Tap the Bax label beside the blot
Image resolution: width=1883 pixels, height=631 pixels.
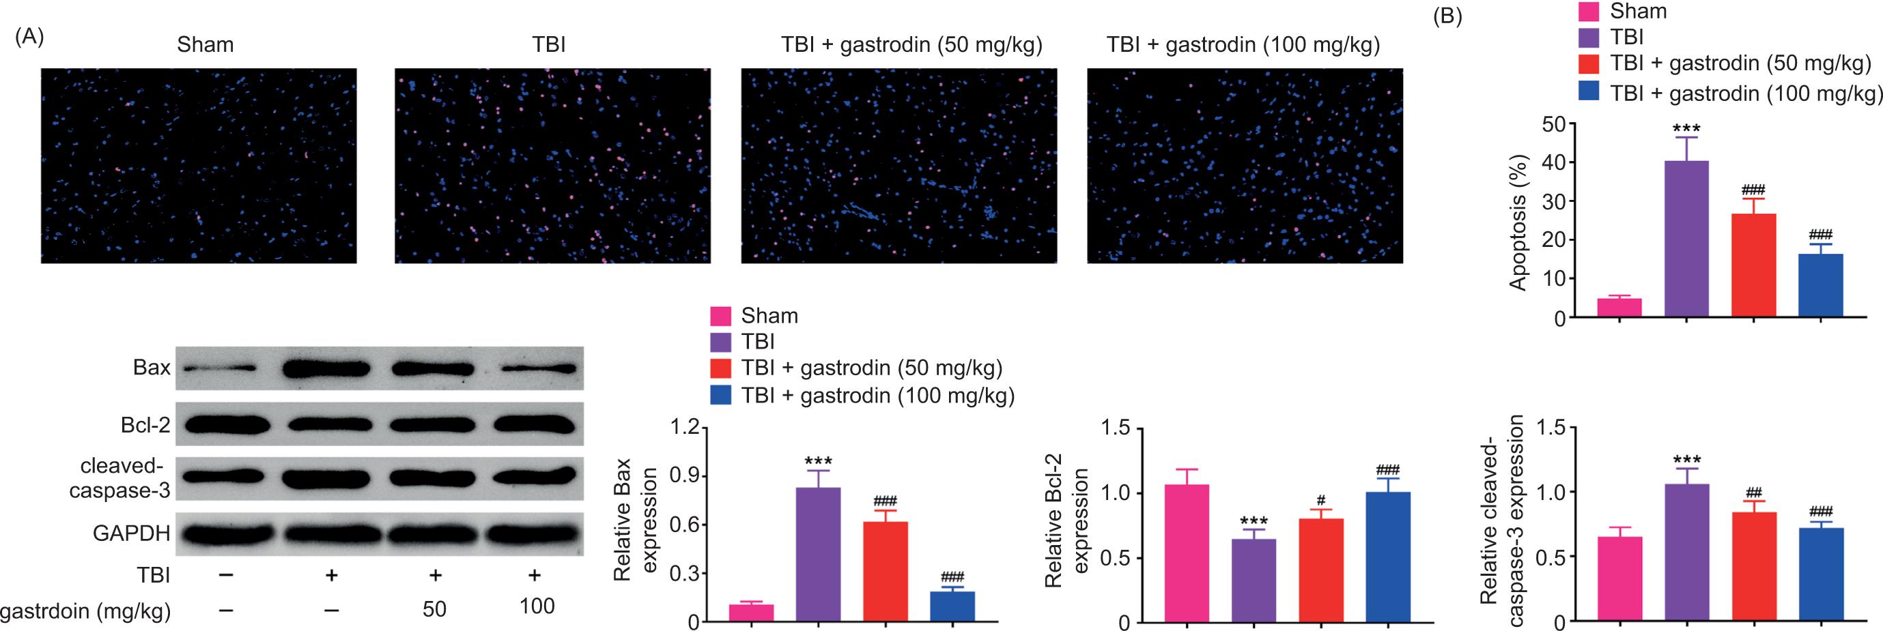(152, 368)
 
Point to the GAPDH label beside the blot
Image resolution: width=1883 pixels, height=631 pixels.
(132, 533)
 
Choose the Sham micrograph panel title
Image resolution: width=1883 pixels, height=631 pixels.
(206, 45)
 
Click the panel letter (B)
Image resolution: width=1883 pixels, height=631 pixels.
(1447, 17)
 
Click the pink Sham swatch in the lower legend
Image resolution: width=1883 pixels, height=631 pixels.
(721, 315)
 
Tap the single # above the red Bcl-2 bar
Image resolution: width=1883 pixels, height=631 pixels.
(1320, 500)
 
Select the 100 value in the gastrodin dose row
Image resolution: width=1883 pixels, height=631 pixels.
(537, 606)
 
